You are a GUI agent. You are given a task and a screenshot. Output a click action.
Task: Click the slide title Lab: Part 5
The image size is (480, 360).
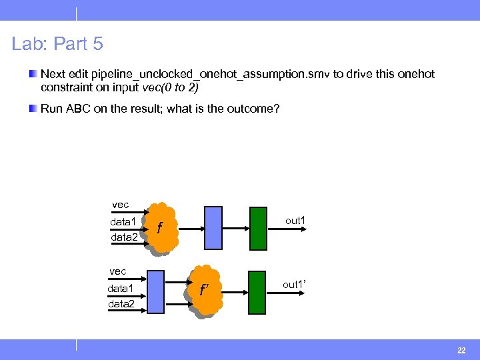[x=57, y=44]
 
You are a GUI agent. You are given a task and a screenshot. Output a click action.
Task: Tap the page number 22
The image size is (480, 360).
[x=461, y=350]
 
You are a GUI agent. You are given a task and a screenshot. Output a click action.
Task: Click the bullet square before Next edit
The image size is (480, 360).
[x=33, y=75]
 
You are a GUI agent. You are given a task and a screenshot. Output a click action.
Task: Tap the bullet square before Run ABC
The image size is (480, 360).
[x=33, y=108]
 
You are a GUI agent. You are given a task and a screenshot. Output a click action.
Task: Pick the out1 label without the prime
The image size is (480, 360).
[x=295, y=221]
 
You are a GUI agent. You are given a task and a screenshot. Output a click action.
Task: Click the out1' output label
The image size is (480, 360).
[x=294, y=285]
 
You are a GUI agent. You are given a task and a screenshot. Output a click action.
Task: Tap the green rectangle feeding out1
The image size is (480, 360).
[x=257, y=228]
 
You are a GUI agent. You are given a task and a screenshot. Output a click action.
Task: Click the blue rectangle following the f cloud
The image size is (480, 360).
[x=213, y=228]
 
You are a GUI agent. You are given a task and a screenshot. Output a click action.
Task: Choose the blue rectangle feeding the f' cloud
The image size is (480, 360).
[x=155, y=291]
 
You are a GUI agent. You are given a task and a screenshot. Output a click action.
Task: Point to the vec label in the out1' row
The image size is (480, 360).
[x=118, y=271]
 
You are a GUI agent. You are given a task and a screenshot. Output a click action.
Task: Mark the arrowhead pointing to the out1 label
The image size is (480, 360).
[x=304, y=229]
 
